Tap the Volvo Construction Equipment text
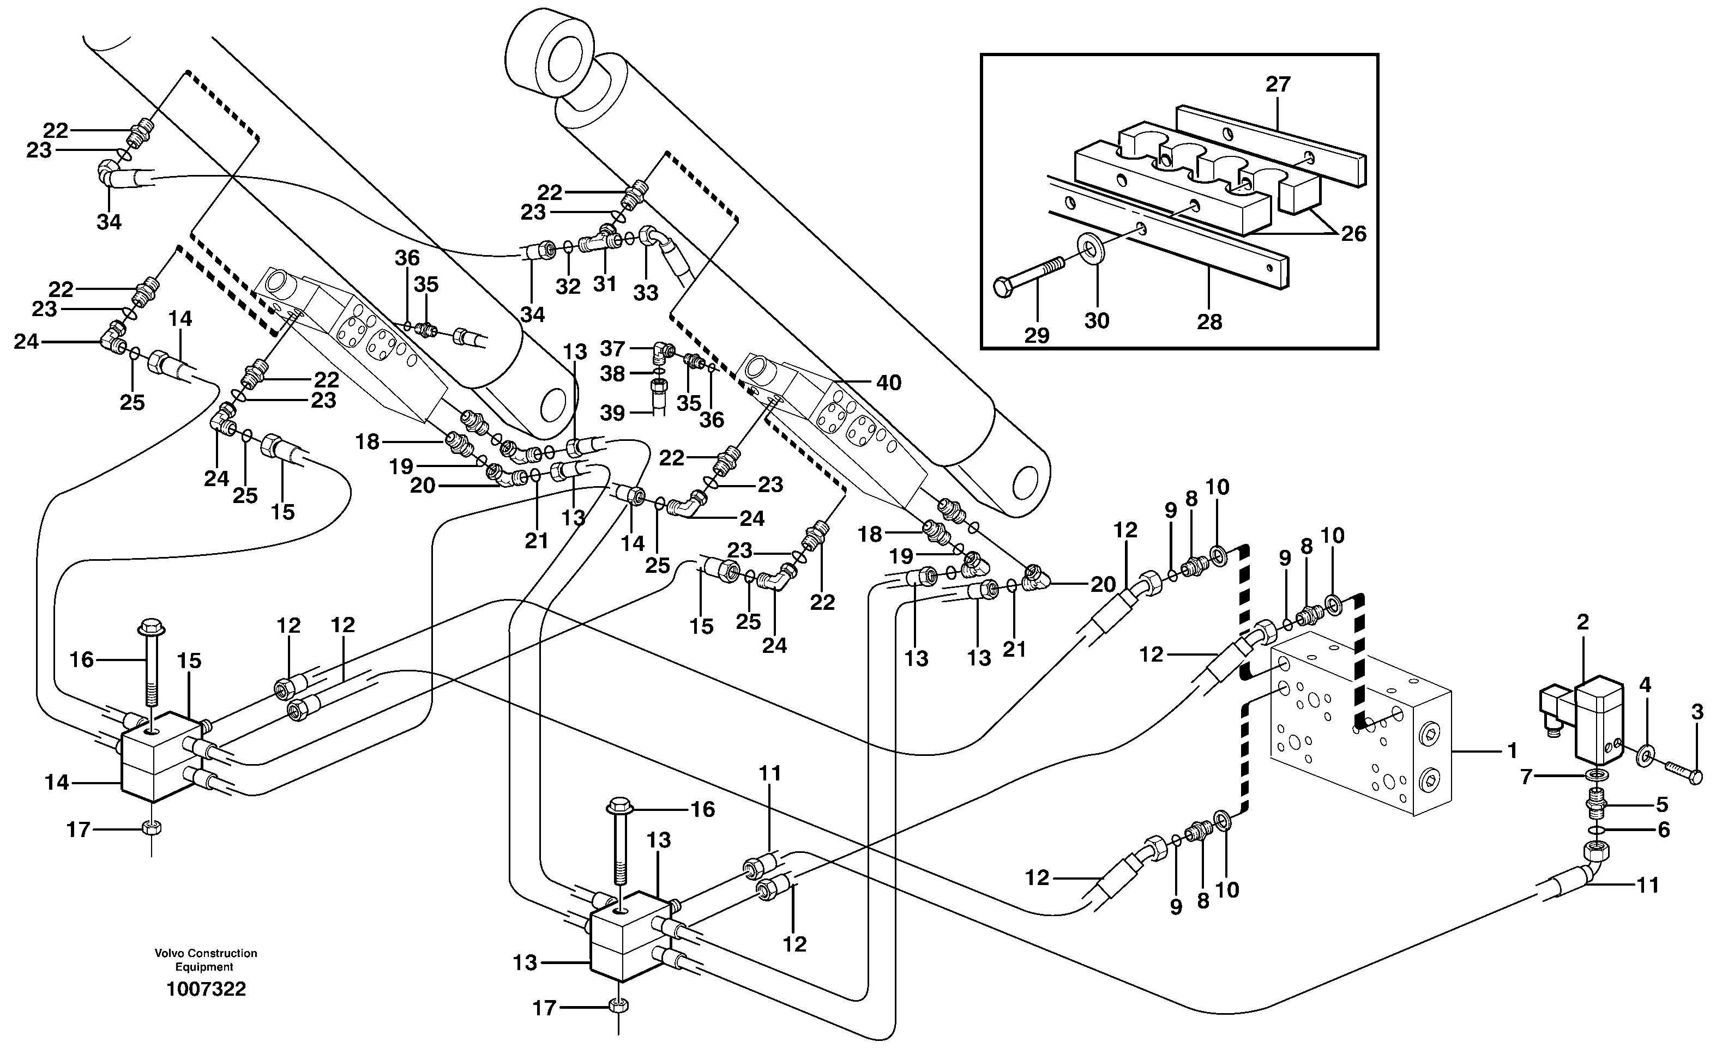[x=206, y=960]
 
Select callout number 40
[x=888, y=383]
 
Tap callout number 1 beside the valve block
[x=1512, y=751]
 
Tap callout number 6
[x=1664, y=830]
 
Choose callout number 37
[x=612, y=348]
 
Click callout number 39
[x=612, y=413]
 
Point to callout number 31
[x=605, y=283]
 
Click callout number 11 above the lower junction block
[x=769, y=773]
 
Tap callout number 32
[x=568, y=287]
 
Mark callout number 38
[x=612, y=374]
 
